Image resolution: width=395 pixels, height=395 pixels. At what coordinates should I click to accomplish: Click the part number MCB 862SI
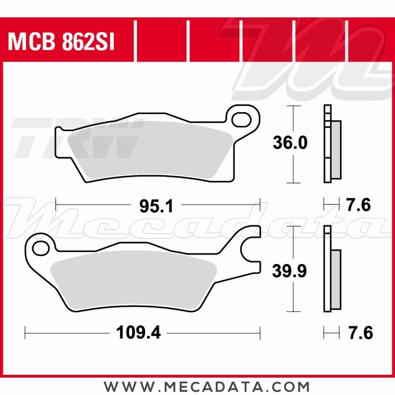coord(61,42)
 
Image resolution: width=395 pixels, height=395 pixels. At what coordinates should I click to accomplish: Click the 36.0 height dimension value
coord(290,143)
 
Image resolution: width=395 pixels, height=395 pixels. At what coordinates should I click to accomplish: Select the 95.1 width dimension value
coord(156,206)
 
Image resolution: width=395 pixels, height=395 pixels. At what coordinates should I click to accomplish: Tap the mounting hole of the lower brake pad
coord(39,248)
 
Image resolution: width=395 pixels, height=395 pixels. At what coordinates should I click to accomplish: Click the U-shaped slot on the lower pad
coord(252,250)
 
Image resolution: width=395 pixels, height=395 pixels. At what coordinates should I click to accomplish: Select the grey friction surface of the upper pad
coord(150,152)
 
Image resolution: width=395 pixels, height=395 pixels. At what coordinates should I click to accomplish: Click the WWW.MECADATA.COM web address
coord(207,386)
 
